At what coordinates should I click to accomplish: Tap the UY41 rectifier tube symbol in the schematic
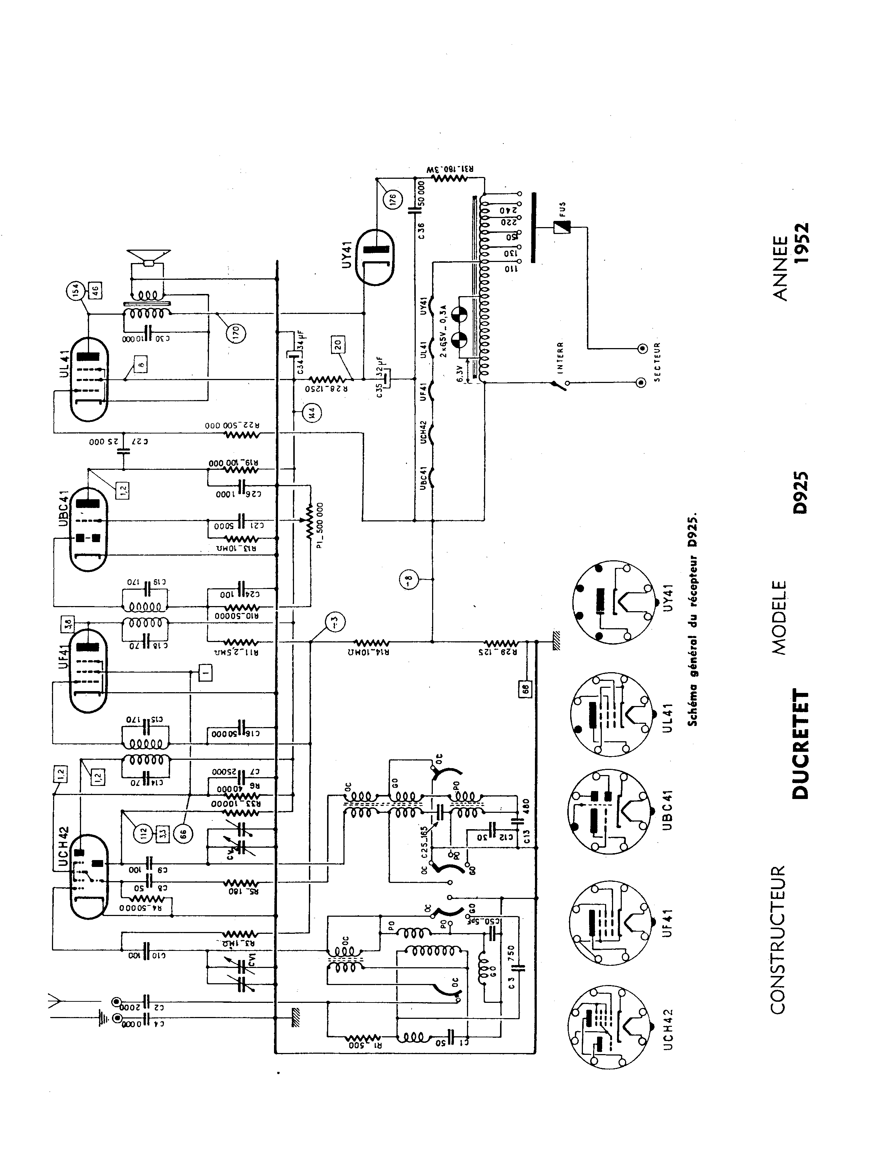coord(375,258)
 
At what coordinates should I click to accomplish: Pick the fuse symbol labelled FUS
coord(562,227)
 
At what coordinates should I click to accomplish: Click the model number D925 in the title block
coord(801,493)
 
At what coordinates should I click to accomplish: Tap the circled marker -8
coord(410,578)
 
